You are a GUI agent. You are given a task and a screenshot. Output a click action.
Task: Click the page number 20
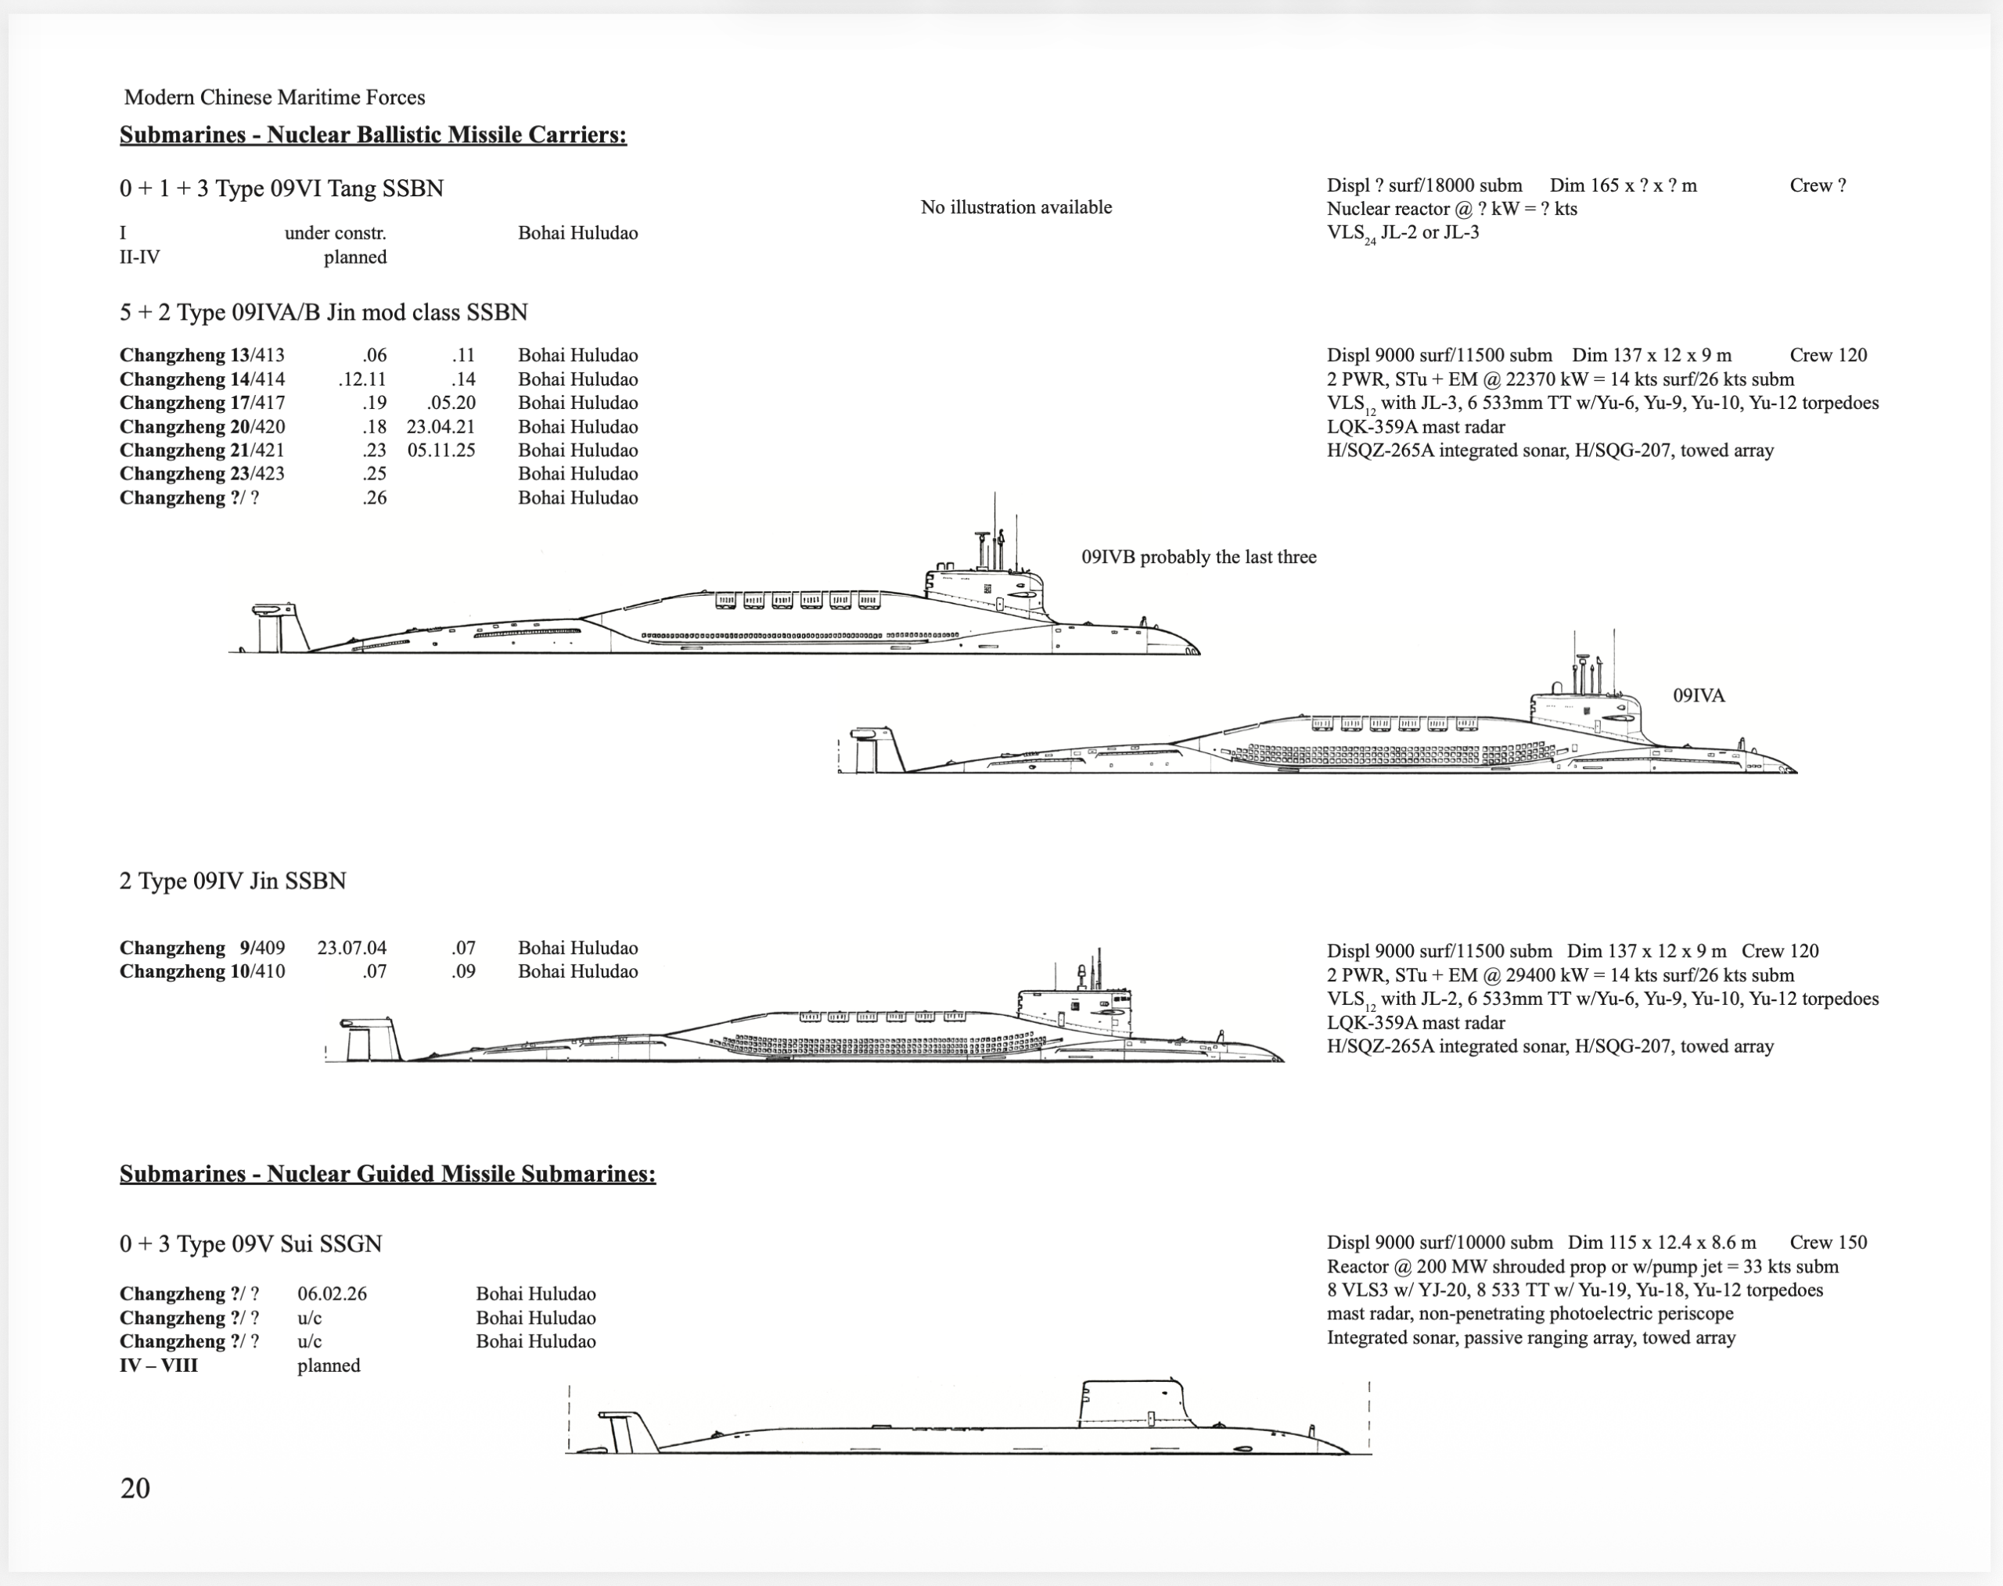pyautogui.click(x=135, y=1487)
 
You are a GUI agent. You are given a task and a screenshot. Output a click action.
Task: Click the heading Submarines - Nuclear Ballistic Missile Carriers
pyautogui.click(x=372, y=135)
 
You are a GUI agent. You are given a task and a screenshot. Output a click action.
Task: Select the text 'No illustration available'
pyautogui.click(x=1016, y=207)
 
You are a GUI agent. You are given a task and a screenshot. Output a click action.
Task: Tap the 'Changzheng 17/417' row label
pyautogui.click(x=202, y=403)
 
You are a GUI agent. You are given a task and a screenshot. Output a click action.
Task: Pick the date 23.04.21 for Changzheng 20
pyautogui.click(x=441, y=427)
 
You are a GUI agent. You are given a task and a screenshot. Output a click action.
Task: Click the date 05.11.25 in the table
pyautogui.click(x=441, y=450)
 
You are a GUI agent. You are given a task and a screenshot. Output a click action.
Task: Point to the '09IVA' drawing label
pyautogui.click(x=1699, y=695)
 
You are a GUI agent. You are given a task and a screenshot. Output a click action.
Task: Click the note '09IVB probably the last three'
pyautogui.click(x=1199, y=557)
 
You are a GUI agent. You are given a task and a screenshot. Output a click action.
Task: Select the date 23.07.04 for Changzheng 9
pyautogui.click(x=351, y=948)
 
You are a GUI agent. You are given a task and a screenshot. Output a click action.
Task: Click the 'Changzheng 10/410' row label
pyautogui.click(x=202, y=971)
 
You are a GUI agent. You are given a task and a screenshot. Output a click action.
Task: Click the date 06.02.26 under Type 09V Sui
pyautogui.click(x=332, y=1294)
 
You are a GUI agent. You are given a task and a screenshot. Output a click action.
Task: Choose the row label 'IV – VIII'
pyautogui.click(x=158, y=1365)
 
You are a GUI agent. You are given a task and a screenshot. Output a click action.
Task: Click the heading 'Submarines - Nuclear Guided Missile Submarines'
pyautogui.click(x=387, y=1174)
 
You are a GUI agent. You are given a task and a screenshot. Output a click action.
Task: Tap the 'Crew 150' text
pyautogui.click(x=1828, y=1243)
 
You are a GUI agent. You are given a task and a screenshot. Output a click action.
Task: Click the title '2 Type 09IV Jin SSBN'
pyautogui.click(x=232, y=881)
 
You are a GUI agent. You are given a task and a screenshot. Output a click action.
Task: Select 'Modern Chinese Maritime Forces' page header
pyautogui.click(x=274, y=98)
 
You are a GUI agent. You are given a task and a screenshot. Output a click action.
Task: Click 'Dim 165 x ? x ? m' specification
pyautogui.click(x=1622, y=185)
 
